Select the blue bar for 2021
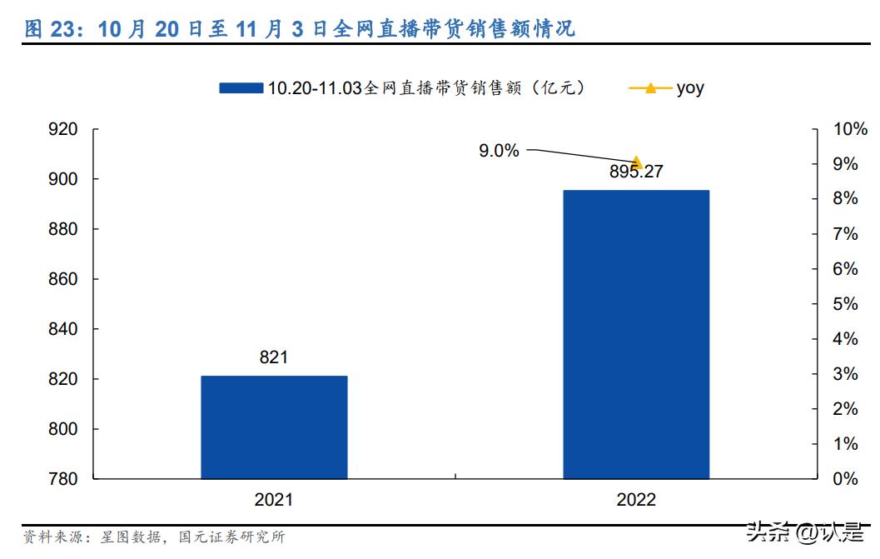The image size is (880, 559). pyautogui.click(x=274, y=427)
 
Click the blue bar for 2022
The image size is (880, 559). pyautogui.click(x=636, y=334)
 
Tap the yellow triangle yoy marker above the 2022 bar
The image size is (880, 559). pyautogui.click(x=637, y=162)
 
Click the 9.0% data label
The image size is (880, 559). pyautogui.click(x=499, y=151)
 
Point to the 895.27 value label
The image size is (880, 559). pyautogui.click(x=636, y=172)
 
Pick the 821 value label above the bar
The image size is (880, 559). pyautogui.click(x=274, y=357)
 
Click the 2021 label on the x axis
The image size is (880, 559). pyautogui.click(x=274, y=500)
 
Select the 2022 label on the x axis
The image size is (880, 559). pyautogui.click(x=636, y=500)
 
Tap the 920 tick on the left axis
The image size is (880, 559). pyautogui.click(x=64, y=129)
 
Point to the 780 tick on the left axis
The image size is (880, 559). pyautogui.click(x=64, y=479)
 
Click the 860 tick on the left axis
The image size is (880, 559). pyautogui.click(x=64, y=279)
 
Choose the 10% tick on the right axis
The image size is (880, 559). pyautogui.click(x=850, y=129)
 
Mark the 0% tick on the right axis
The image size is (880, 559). pyautogui.click(x=846, y=479)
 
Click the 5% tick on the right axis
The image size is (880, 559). pyautogui.click(x=846, y=304)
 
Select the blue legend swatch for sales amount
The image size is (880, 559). pyautogui.click(x=241, y=87)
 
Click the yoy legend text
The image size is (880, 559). pyautogui.click(x=689, y=87)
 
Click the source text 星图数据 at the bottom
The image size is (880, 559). pyautogui.click(x=126, y=537)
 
